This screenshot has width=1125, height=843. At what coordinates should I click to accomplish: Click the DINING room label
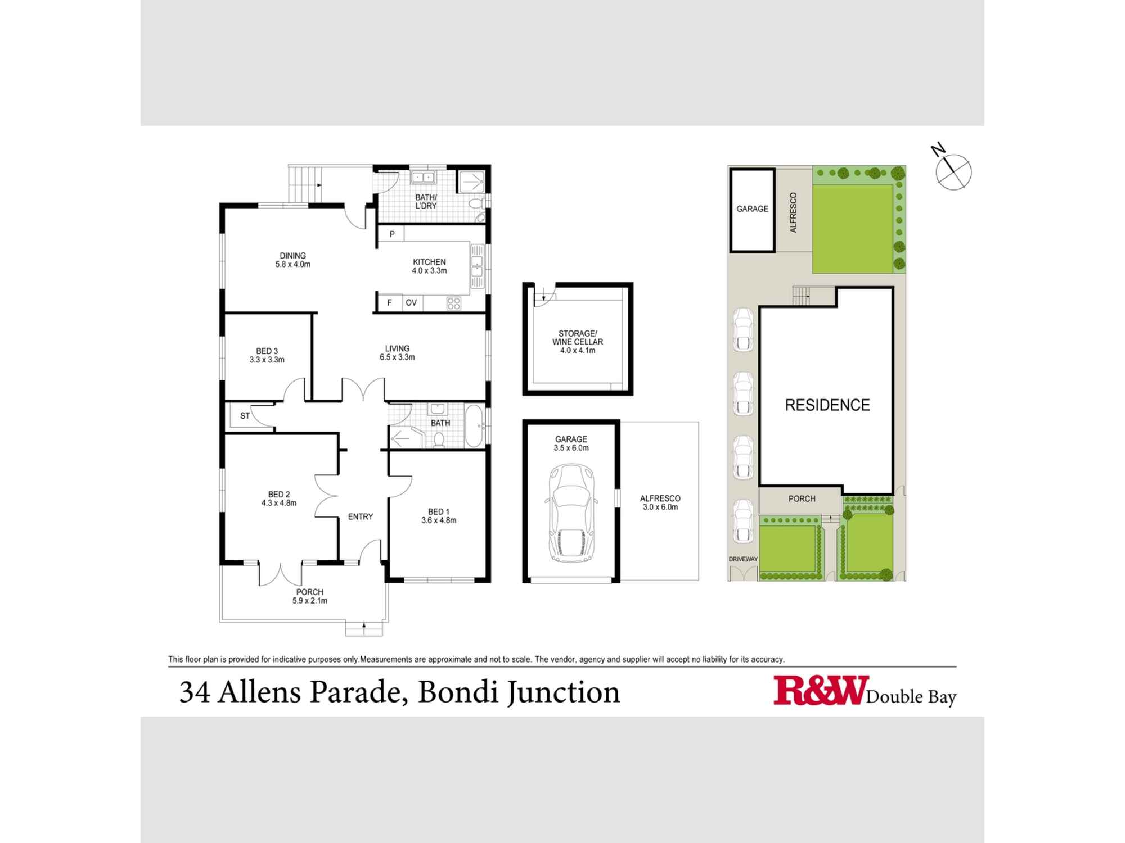click(292, 260)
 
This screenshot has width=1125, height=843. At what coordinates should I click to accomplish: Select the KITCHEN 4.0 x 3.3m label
click(429, 266)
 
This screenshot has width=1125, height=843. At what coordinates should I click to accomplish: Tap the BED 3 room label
click(267, 355)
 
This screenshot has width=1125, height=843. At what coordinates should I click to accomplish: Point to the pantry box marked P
click(392, 234)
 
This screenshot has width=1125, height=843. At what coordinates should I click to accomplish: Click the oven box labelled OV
click(411, 303)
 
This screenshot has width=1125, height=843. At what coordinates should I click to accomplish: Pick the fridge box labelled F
click(389, 303)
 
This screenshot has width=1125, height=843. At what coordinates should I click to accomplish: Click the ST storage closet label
click(245, 416)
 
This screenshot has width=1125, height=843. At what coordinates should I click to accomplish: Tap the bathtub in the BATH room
click(474, 425)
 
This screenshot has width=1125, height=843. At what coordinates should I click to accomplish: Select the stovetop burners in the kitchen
click(453, 303)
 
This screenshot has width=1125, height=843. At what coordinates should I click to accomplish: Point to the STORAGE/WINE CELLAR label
click(578, 342)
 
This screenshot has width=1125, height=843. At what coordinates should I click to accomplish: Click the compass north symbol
click(953, 170)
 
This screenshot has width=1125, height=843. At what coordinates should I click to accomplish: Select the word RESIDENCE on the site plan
click(827, 405)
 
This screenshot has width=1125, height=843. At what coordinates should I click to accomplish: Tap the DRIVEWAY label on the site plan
click(743, 559)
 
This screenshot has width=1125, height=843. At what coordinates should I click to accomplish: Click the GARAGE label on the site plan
click(752, 209)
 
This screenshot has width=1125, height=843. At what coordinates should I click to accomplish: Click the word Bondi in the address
click(457, 692)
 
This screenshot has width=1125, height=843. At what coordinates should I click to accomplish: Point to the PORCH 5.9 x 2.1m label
click(309, 596)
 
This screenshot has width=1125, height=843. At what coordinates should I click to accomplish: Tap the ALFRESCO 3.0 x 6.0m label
click(660, 502)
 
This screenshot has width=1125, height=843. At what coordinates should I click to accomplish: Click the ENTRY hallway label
click(360, 516)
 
